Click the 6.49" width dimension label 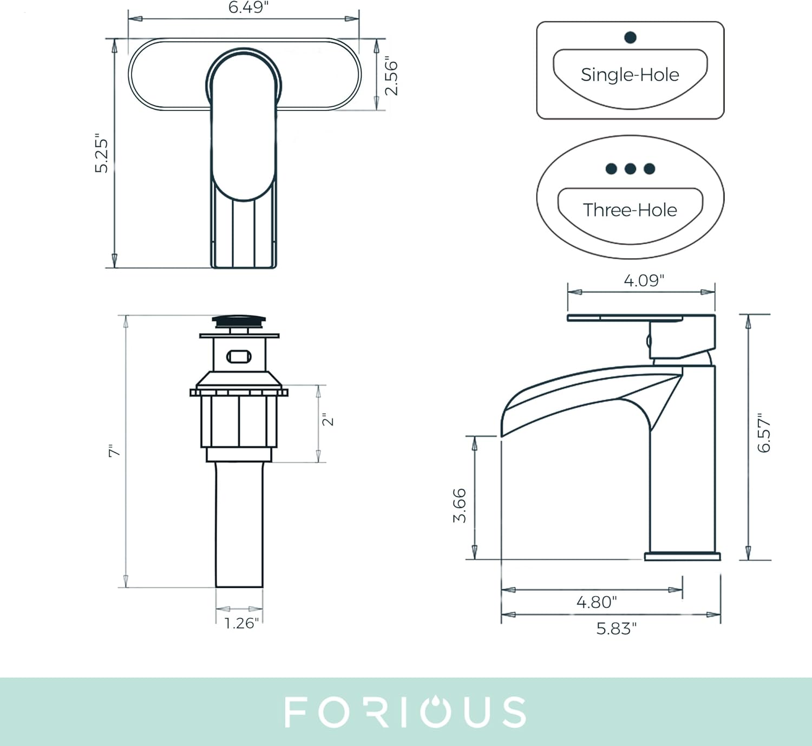point(248,7)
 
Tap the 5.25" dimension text point(101,153)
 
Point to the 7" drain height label point(114,450)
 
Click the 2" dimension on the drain point(328,420)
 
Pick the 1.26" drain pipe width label point(241,623)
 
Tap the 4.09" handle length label point(644,280)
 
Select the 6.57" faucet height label point(764,433)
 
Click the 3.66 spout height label point(460,506)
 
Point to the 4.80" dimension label point(597,602)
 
